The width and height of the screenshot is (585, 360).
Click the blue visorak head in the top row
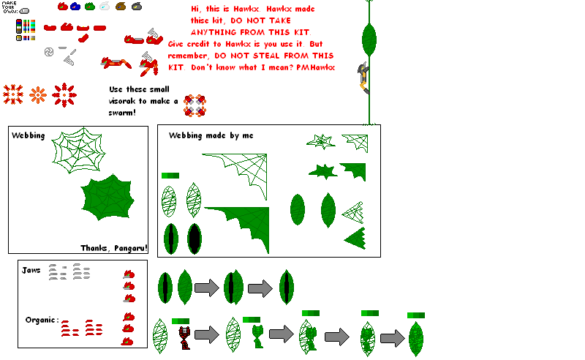pos(75,7)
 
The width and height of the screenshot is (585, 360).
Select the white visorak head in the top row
pos(105,6)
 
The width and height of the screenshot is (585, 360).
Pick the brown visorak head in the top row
pos(121,6)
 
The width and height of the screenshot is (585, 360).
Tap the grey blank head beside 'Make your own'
pos(24,11)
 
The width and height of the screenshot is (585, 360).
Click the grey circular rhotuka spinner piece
pos(49,52)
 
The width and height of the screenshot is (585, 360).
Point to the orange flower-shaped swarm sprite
pos(38,95)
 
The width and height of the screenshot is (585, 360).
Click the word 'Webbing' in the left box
pos(28,135)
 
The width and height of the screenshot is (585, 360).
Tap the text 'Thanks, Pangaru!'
pos(114,248)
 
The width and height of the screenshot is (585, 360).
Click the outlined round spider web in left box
pos(78,150)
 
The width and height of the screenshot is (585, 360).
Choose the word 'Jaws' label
pos(31,270)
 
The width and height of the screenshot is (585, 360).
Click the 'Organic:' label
pos(42,320)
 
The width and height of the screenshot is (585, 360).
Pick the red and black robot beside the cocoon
pos(185,337)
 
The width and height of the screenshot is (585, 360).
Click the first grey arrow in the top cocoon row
pos(207,288)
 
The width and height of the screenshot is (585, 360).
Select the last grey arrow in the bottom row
pos(393,338)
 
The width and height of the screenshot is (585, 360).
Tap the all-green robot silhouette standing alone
pos(257,336)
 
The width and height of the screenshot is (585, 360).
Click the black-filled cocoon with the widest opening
pos(195,239)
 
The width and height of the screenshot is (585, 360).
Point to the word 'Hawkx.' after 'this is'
pos(246,9)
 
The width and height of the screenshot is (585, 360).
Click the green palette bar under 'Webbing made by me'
pos(170,176)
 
